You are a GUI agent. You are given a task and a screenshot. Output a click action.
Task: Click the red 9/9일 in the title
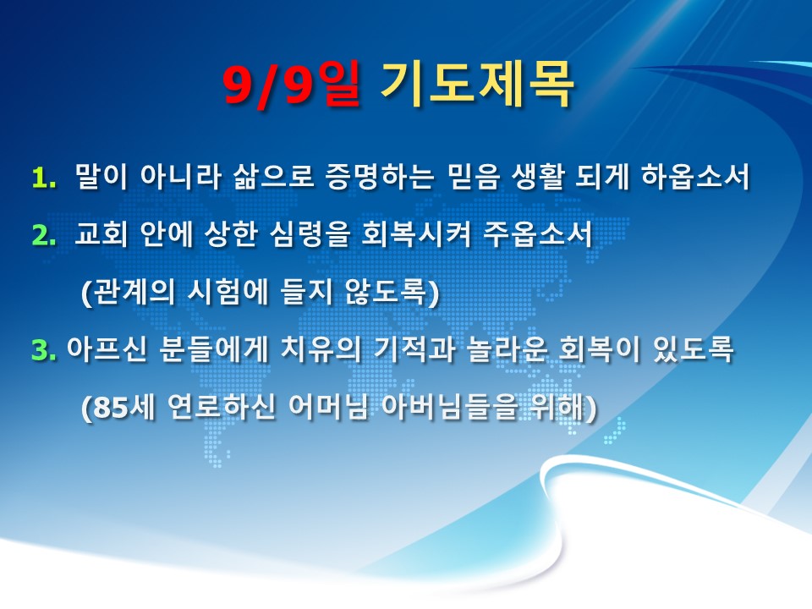pos(292,85)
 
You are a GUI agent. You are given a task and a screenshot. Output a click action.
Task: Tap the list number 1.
pos(43,178)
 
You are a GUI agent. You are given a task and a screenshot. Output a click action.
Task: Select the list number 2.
pos(43,236)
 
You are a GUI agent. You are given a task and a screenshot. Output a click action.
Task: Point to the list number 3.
pos(43,350)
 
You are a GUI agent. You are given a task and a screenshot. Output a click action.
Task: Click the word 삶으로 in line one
pos(273,176)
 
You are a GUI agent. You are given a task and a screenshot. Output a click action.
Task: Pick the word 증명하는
pos(380,176)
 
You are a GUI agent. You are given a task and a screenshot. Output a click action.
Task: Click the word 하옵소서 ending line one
pos(695,176)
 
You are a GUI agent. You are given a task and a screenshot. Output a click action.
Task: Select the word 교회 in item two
pos(101,233)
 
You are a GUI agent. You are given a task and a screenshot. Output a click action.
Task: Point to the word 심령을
pos(310,234)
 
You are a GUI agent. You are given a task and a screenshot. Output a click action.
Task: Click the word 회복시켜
pos(416,233)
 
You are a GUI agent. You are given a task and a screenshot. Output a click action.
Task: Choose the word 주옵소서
pos(538,233)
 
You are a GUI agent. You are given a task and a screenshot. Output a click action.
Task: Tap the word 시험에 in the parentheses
pos(228,292)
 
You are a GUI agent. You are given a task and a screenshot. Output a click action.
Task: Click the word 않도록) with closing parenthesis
pos(392,293)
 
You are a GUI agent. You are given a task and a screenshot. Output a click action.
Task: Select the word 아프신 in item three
pos(107,349)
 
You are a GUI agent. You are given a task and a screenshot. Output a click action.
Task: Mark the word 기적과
pos(414,349)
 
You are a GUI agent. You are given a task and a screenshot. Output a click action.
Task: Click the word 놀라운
pos(507,349)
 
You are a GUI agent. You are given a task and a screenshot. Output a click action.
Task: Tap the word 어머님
pos(328,407)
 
